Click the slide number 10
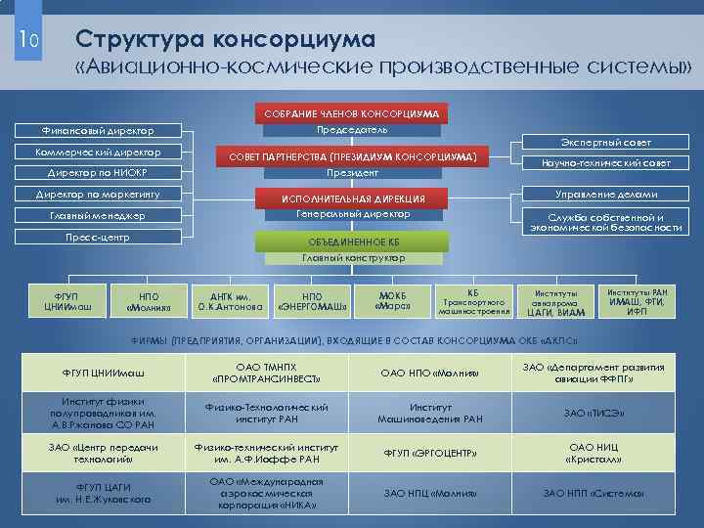click(x=27, y=39)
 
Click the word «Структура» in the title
click(x=143, y=39)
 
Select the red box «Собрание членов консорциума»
click(x=352, y=112)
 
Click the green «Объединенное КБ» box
click(x=353, y=241)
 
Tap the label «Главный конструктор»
click(x=353, y=258)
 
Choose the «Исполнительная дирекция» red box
click(x=353, y=198)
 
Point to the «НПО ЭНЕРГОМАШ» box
click(x=312, y=303)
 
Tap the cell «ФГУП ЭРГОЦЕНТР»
click(x=431, y=453)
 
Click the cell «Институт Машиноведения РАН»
click(x=431, y=414)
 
